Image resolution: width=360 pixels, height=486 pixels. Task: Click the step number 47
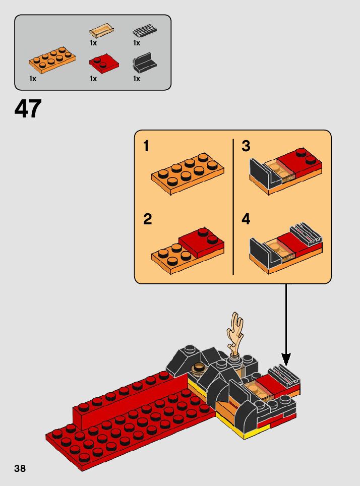28,108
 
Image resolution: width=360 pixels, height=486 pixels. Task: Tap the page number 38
20,468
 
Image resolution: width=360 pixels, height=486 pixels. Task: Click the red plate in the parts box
104,63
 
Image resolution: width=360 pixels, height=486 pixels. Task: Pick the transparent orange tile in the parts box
102,30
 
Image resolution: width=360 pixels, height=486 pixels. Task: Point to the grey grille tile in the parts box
145,31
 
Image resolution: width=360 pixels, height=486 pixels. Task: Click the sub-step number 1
146,146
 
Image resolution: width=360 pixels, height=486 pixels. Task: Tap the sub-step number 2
148,219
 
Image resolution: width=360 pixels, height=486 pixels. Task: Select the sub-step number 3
246,146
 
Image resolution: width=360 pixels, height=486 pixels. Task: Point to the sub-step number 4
246,219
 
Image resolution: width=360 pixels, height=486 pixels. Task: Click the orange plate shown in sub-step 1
188,174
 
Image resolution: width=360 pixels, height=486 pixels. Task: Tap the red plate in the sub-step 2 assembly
202,242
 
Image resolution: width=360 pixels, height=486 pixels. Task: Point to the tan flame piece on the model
235,333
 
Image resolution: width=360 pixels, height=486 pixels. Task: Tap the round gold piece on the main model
198,369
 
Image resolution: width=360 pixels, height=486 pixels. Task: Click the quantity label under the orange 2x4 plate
33,79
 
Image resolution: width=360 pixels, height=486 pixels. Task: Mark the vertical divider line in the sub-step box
233,207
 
